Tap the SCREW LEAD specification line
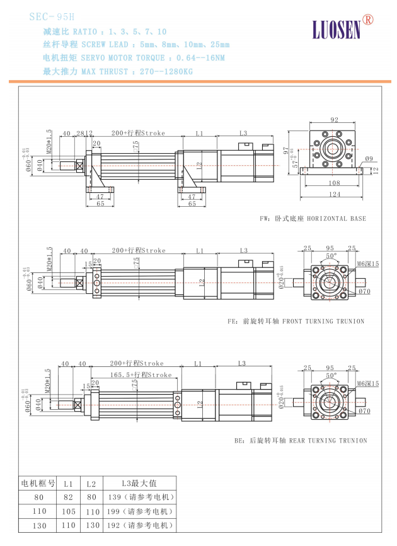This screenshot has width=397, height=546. point(136,45)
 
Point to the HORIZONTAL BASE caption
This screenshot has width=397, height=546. point(312,218)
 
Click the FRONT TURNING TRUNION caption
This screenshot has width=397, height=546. point(303,321)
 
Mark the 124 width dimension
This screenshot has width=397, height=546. point(333,194)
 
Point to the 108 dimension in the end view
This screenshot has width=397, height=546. point(333,183)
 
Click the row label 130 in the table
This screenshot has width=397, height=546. point(39,525)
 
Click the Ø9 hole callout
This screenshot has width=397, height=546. point(369,159)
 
